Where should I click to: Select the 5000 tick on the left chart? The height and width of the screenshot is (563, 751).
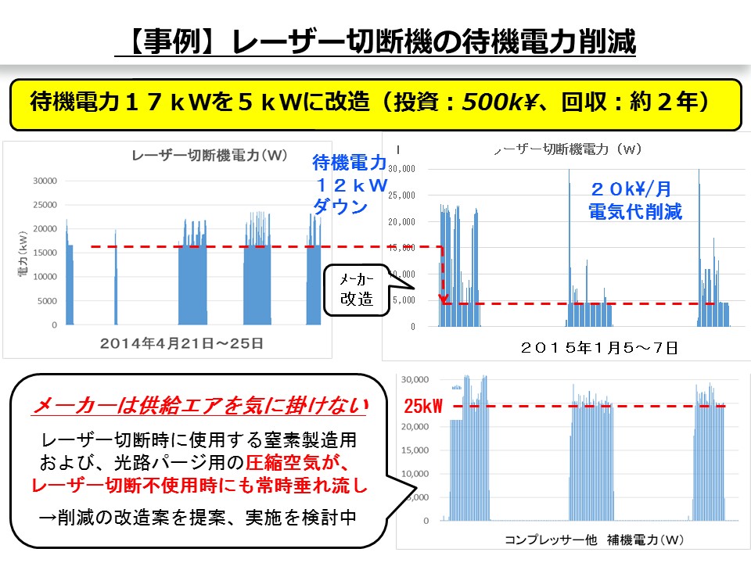click(x=47, y=300)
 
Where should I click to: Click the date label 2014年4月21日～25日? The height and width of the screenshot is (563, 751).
click(x=181, y=342)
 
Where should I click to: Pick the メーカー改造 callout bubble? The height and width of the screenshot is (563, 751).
click(x=356, y=289)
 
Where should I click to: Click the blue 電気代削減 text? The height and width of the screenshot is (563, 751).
click(x=634, y=212)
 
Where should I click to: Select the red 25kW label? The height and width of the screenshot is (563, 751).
click(x=422, y=407)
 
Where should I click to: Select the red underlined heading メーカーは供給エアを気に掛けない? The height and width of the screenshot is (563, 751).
click(x=199, y=406)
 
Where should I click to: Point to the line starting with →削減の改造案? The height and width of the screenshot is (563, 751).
click(x=199, y=517)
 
